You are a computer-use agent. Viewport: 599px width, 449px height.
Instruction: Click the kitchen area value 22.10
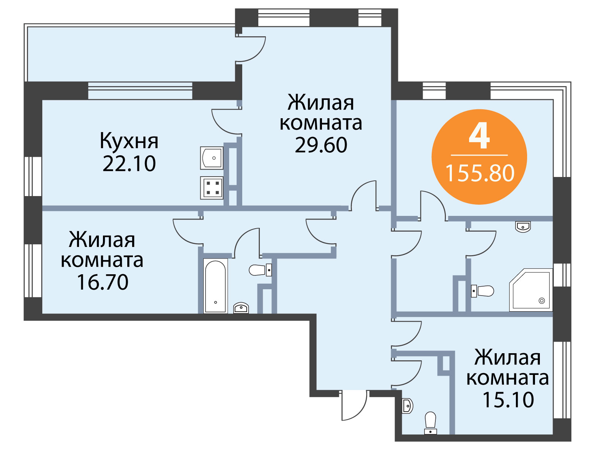[x=129, y=164]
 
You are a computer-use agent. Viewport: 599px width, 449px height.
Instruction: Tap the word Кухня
[x=129, y=141]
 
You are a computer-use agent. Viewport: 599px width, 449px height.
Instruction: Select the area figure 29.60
[x=321, y=145]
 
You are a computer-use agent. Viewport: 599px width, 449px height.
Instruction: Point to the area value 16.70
[x=103, y=282]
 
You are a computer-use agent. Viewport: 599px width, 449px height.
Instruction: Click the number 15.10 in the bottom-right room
[x=508, y=400]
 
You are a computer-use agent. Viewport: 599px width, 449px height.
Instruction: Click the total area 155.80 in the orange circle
[x=480, y=173]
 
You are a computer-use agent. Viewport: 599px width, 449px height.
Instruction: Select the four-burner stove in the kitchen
[x=212, y=188]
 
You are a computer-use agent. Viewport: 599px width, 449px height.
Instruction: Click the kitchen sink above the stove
[x=212, y=158]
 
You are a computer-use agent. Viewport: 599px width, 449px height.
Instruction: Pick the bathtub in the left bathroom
[x=215, y=286]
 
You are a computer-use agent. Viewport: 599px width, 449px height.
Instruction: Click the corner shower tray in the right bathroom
[x=531, y=290]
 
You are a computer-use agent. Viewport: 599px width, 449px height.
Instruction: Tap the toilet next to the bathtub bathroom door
[x=260, y=270]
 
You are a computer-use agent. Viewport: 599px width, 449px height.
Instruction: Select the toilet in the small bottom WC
[x=431, y=423]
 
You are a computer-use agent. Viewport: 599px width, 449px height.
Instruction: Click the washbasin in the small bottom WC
[x=407, y=406]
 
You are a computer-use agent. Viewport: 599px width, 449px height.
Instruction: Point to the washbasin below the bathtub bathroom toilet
[x=241, y=308]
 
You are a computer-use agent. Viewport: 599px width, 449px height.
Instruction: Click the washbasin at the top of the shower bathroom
[x=523, y=227]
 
